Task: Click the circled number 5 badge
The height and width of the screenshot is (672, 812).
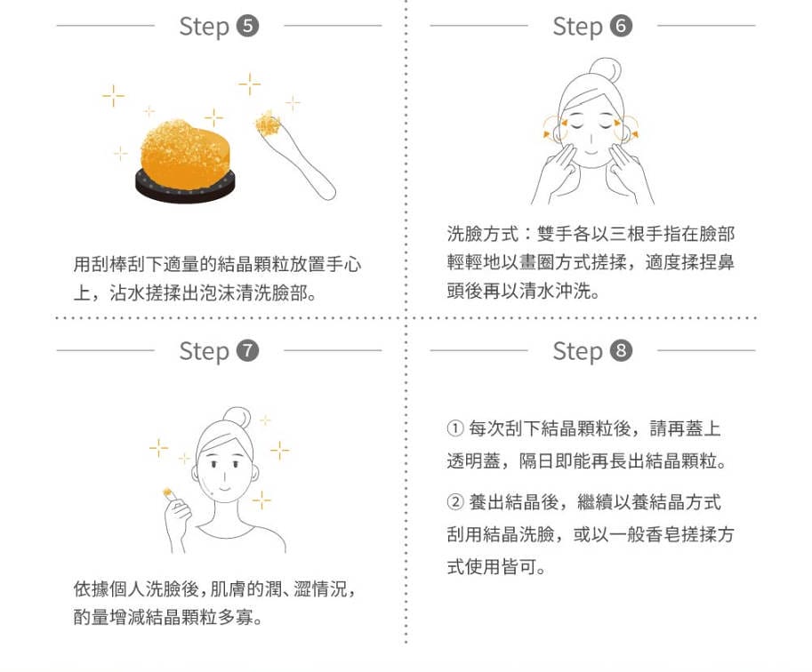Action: coord(247,26)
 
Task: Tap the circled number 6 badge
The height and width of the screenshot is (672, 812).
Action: coord(621,26)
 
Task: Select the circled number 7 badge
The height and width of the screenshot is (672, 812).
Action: coord(247,351)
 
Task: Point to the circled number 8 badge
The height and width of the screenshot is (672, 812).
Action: coord(621,351)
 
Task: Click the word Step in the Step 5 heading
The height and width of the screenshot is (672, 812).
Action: coord(204,27)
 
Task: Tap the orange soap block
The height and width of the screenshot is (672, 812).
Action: coord(185,155)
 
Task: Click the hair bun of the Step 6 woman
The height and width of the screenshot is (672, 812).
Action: coord(607,70)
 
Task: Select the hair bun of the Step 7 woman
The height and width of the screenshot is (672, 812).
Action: coord(237,419)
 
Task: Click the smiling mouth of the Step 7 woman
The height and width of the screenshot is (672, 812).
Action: coord(224,488)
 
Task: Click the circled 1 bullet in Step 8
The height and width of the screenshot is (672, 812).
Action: coord(454,428)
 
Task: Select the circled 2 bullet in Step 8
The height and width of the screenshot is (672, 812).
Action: coord(454,501)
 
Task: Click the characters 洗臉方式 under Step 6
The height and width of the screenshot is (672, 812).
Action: coord(483,234)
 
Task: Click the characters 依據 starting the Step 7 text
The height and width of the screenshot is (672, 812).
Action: coord(91,588)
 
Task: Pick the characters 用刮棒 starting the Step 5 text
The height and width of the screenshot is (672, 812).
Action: coord(100,265)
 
